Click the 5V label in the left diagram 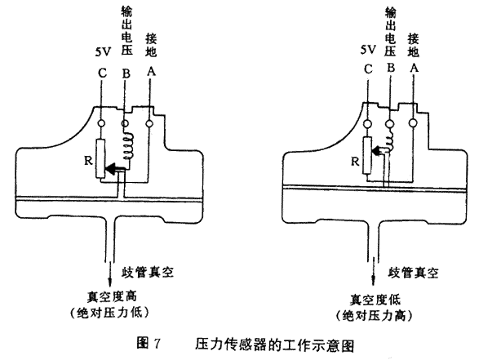coord(104,52)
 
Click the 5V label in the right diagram coord(368,49)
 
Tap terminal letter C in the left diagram coord(102,73)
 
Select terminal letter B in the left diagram coord(126,73)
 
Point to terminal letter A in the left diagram coord(151,71)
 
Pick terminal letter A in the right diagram coord(414,68)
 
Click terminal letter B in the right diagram coord(391,68)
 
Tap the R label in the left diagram coord(88,160)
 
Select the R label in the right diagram coord(355,161)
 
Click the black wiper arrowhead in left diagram coord(111,169)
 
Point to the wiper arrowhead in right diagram coord(377,151)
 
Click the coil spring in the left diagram coord(128,146)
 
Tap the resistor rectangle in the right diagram coord(367,156)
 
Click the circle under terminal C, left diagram coord(101,123)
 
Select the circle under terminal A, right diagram coord(413,122)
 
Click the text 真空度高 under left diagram coord(112,296)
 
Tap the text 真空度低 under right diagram coord(375,300)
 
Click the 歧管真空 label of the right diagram coord(413,272)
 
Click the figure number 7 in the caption coord(157,344)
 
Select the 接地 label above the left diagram coord(151,46)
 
